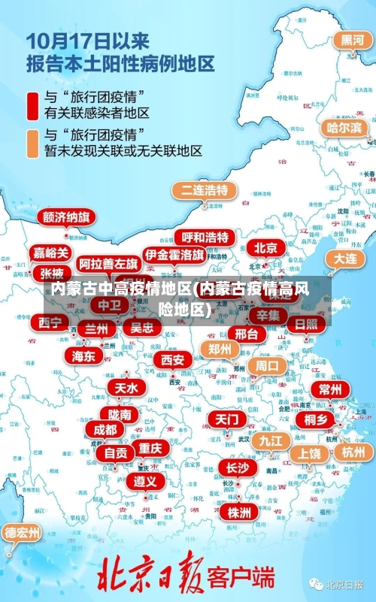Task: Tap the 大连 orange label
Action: pyautogui.click(x=344, y=259)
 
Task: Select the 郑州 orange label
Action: pyautogui.click(x=220, y=349)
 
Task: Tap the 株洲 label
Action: pyautogui.click(x=238, y=513)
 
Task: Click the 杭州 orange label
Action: pyautogui.click(x=353, y=452)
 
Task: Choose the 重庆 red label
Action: pyautogui.click(x=150, y=447)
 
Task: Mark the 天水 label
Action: pyautogui.click(x=126, y=388)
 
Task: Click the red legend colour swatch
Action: pyautogui.click(x=32, y=106)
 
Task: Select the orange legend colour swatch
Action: pyautogui.click(x=32, y=144)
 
